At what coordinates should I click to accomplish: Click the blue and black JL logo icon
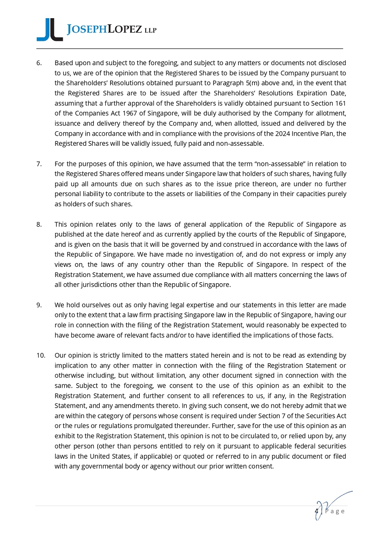coord(49,30)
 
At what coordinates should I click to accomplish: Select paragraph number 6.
coord(39,63)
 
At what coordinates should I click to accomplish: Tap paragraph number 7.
coord(39,164)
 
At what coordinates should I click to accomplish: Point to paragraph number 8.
coord(39,224)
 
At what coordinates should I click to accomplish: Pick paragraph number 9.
coord(39,305)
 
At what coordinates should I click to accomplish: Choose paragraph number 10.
coord(41,355)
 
